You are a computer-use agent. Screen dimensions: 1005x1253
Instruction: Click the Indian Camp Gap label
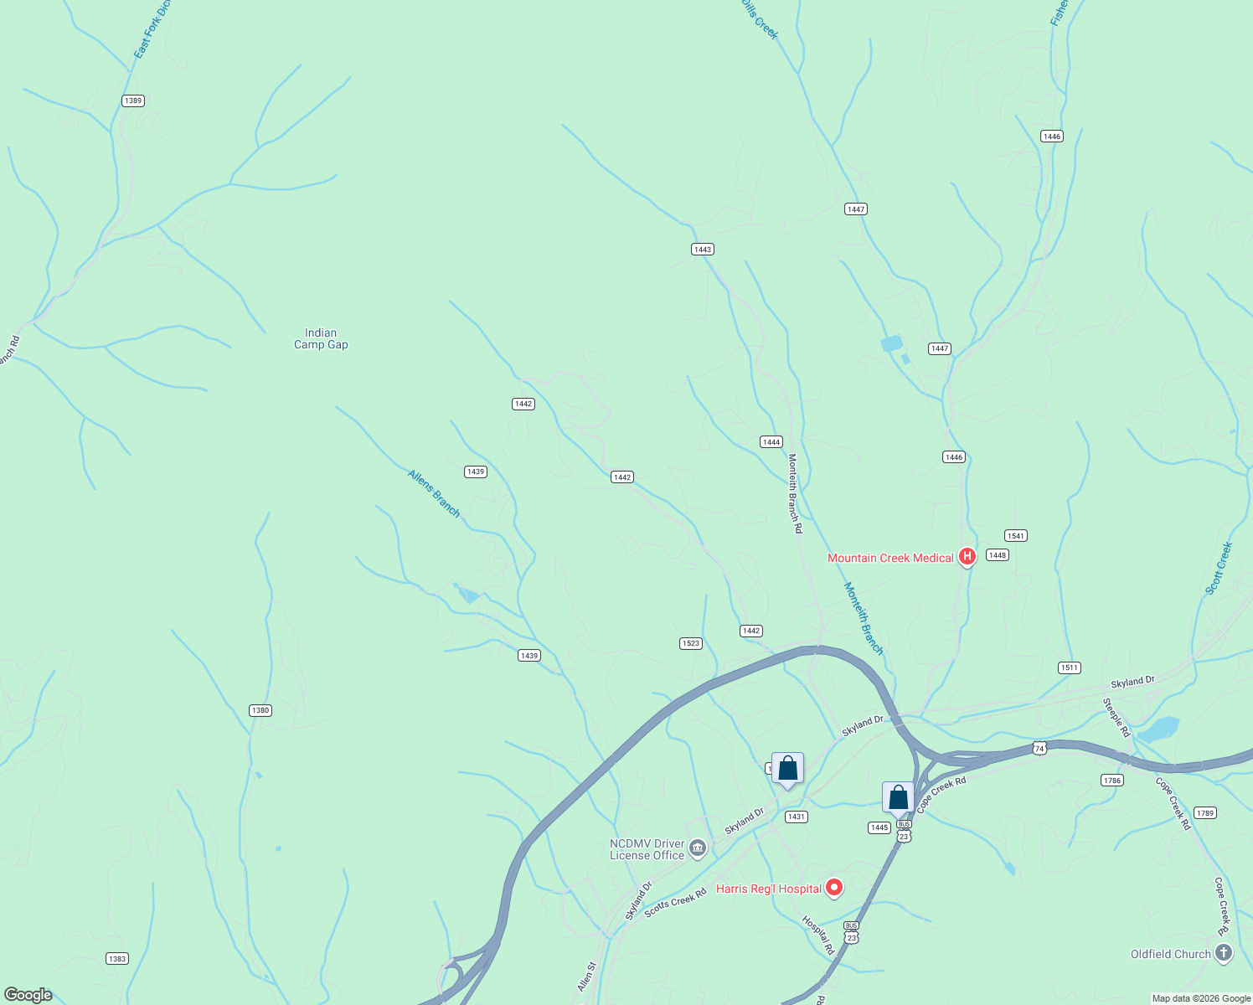tap(321, 338)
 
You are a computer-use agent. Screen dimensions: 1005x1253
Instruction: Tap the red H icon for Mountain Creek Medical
tap(967, 556)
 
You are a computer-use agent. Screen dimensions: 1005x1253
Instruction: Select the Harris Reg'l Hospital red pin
tap(833, 888)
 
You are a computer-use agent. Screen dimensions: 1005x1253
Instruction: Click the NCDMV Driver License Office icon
tap(698, 849)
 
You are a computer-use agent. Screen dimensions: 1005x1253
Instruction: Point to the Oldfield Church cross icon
tap(1224, 953)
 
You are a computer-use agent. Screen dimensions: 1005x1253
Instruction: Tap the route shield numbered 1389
tap(132, 100)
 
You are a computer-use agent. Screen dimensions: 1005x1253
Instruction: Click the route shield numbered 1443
tap(702, 249)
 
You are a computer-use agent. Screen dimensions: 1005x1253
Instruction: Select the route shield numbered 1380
tap(260, 710)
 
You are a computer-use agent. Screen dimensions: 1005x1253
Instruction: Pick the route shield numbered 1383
tap(117, 958)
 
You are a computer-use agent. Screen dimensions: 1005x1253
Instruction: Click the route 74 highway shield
tap(1039, 748)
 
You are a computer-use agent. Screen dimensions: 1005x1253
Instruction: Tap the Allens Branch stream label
tap(434, 492)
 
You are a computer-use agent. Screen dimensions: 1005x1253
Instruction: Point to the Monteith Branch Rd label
tap(795, 493)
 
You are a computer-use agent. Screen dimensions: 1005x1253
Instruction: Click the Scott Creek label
tap(1219, 568)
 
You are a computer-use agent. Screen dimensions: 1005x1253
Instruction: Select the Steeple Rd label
tap(1116, 718)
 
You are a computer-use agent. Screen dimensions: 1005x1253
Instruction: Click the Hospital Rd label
tap(818, 935)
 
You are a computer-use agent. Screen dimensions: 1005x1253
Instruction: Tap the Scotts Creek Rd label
tap(675, 904)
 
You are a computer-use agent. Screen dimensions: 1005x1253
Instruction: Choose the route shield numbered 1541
tap(1015, 535)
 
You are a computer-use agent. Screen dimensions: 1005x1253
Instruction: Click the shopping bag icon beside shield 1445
tap(898, 798)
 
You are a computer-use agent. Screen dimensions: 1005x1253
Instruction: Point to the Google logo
tap(28, 995)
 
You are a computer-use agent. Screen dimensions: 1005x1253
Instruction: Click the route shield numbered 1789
tap(1205, 812)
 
